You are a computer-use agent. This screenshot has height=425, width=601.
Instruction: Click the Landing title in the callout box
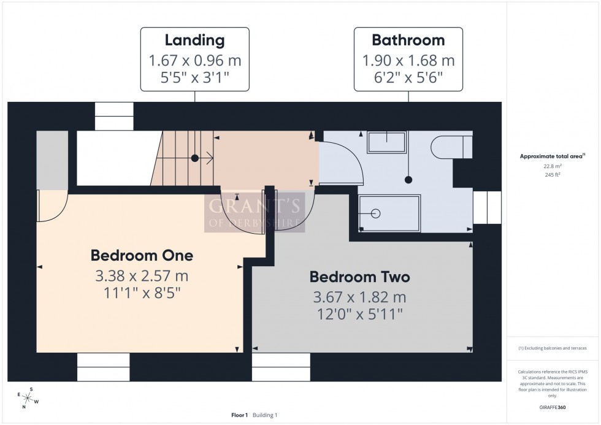194,41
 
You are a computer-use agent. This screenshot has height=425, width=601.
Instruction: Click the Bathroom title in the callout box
408,41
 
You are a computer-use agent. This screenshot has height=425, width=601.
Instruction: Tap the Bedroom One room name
142,255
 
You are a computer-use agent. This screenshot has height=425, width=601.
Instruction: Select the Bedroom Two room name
359,277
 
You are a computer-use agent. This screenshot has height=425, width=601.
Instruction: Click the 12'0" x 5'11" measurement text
359,315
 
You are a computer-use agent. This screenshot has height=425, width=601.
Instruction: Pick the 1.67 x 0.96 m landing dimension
194,61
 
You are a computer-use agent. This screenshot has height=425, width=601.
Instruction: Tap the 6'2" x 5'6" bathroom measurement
408,78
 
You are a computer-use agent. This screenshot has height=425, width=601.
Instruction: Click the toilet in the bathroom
451,147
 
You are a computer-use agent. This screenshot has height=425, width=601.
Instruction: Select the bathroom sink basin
386,143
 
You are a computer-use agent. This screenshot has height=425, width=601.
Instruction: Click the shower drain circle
376,213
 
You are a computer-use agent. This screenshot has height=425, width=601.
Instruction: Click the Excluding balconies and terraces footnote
553,348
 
